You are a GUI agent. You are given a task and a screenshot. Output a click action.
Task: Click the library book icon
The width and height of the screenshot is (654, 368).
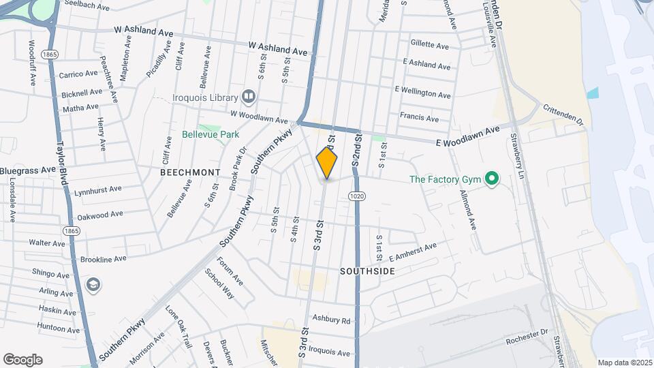(248, 97)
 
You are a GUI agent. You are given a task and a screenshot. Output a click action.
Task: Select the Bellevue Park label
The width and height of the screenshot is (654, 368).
(211, 134)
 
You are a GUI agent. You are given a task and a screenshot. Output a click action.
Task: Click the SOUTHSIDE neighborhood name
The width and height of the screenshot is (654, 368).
(367, 271)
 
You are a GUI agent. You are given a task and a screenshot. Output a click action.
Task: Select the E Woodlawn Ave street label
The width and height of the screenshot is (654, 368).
(468, 136)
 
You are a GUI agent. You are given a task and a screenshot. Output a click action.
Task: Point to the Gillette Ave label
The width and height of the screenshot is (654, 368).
(429, 45)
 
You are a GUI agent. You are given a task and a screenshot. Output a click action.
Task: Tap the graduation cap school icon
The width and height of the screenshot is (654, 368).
(93, 284)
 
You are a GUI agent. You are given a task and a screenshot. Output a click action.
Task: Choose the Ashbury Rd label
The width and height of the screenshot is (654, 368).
(331, 320)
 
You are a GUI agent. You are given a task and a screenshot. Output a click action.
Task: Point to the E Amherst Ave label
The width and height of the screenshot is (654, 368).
(412, 252)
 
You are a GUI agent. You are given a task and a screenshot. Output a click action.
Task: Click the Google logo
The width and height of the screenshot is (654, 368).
(22, 359)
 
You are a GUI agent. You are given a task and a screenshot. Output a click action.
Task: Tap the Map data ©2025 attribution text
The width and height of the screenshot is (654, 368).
(624, 363)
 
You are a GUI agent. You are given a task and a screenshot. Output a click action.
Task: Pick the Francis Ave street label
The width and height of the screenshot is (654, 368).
(419, 117)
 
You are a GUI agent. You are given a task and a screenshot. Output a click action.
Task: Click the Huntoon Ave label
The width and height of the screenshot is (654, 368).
(59, 328)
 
